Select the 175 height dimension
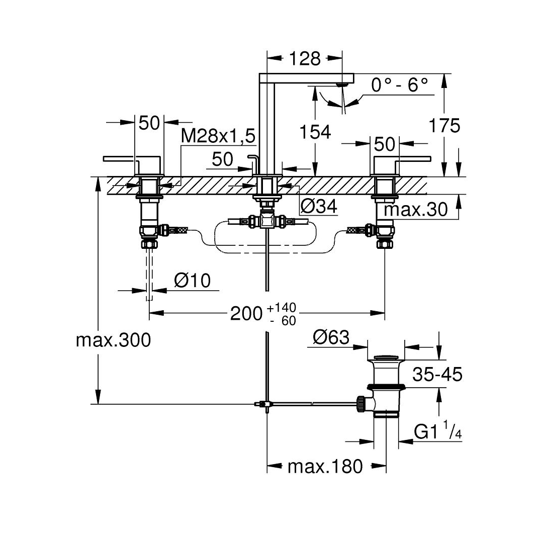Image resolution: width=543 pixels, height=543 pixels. coord(444,125)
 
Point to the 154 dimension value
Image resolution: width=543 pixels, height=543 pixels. coord(315,132)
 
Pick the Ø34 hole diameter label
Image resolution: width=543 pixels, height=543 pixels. coord(319,207)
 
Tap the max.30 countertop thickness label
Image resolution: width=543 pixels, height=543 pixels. coord(416,209)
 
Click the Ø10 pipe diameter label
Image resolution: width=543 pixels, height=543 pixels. coord(193,280)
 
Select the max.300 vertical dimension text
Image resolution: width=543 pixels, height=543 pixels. coord(113,340)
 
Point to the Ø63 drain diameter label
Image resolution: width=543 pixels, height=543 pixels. coord(331,337)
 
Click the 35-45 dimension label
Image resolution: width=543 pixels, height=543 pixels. coord(437,374)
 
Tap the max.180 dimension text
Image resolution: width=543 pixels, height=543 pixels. coord(325,467)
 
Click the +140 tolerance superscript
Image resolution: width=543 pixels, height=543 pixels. coord(281,308)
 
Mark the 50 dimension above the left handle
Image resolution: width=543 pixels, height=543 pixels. coord(149,123)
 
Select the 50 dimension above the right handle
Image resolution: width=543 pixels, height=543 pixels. coord(385,144)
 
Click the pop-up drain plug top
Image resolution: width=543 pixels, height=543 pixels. coord(385,357)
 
